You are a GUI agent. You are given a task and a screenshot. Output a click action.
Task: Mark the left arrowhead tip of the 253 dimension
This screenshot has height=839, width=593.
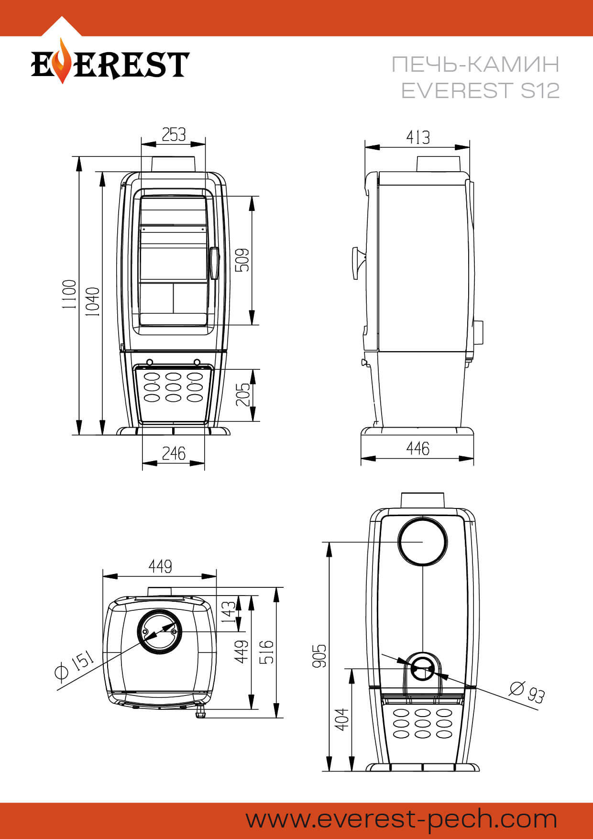pyautogui.click(x=142, y=143)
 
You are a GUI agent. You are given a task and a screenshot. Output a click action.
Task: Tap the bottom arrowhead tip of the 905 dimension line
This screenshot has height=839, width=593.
pyautogui.click(x=329, y=771)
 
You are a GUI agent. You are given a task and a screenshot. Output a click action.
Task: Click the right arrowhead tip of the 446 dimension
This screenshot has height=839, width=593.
pyautogui.click(x=473, y=458)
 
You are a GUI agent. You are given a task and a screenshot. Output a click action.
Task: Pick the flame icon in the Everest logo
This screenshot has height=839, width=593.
pyautogui.click(x=61, y=61)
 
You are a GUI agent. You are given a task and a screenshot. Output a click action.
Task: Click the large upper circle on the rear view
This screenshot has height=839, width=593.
pyautogui.click(x=423, y=541)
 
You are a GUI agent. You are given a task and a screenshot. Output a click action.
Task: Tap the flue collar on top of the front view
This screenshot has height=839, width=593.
pyautogui.click(x=174, y=164)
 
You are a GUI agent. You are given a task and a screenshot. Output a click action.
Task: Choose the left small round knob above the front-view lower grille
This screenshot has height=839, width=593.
pyautogui.click(x=149, y=362)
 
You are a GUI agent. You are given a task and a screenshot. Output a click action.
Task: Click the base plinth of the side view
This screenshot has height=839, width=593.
pyautogui.click(x=417, y=432)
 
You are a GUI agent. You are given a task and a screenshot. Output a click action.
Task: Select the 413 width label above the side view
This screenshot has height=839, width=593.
pyautogui.click(x=418, y=137)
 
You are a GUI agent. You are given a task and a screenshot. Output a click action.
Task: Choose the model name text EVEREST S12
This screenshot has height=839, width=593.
pyautogui.click(x=480, y=90)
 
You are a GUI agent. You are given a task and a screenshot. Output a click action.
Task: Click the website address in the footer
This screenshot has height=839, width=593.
pyautogui.click(x=402, y=819)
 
